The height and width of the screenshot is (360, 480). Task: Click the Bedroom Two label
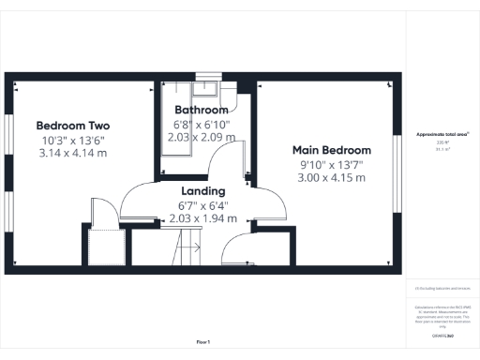click(x=73, y=126)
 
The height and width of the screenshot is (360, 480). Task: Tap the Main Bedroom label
click(x=331, y=150)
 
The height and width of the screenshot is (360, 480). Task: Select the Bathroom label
click(x=202, y=109)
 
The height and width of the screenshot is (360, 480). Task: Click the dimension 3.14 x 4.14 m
click(x=73, y=153)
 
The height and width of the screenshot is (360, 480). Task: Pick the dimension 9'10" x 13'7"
click(x=331, y=165)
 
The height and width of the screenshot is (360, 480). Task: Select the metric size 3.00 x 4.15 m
click(x=331, y=178)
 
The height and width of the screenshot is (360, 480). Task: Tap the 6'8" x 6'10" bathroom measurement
click(x=202, y=124)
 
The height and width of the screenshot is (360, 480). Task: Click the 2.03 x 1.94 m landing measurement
click(x=203, y=218)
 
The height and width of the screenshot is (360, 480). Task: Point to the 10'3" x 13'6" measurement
click(x=73, y=140)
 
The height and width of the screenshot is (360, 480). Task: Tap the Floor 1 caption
click(x=202, y=341)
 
